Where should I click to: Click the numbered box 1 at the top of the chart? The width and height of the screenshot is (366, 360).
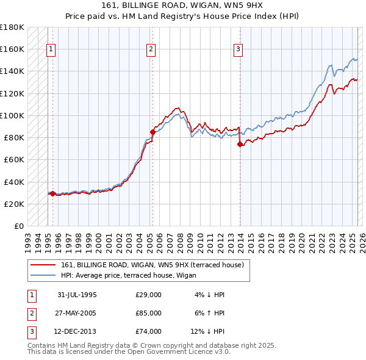pyautogui.click(x=51, y=50)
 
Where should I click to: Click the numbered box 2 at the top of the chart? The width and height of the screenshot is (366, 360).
pyautogui.click(x=151, y=50)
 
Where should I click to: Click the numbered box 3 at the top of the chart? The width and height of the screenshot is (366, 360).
pyautogui.click(x=238, y=50)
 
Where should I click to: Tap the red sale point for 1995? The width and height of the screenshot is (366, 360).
pyautogui.click(x=53, y=194)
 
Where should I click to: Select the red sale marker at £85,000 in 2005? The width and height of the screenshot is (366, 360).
pyautogui.click(x=152, y=131)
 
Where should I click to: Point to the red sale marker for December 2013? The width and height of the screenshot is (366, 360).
pyautogui.click(x=240, y=144)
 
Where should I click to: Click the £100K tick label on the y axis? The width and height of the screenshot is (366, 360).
pyautogui.click(x=12, y=115)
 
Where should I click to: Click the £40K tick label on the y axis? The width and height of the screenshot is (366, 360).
pyautogui.click(x=13, y=182)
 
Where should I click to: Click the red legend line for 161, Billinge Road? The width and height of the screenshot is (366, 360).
pyautogui.click(x=43, y=265)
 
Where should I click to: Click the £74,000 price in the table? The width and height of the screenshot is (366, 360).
pyautogui.click(x=149, y=331)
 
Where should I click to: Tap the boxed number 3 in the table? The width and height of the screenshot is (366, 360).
pyautogui.click(x=30, y=331)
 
